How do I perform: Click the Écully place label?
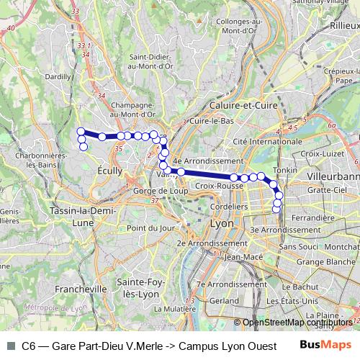click(108, 171)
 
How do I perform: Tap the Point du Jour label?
click(151, 228)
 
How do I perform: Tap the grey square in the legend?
click(10, 346)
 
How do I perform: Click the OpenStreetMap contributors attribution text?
click(298, 323)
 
